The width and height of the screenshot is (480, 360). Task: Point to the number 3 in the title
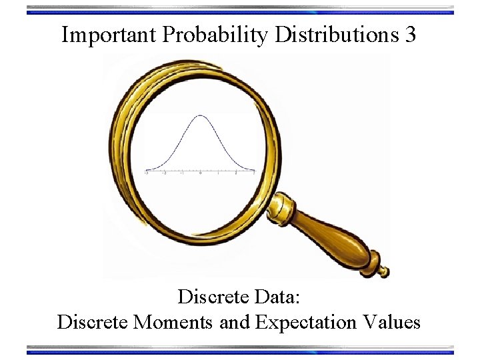click(411, 35)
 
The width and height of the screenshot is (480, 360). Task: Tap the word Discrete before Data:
click(213, 296)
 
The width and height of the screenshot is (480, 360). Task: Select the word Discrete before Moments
click(93, 323)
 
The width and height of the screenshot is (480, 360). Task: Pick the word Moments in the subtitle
click(174, 323)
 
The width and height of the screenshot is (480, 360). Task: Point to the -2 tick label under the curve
click(165, 173)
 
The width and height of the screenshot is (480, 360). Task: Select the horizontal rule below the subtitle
click(240, 349)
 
